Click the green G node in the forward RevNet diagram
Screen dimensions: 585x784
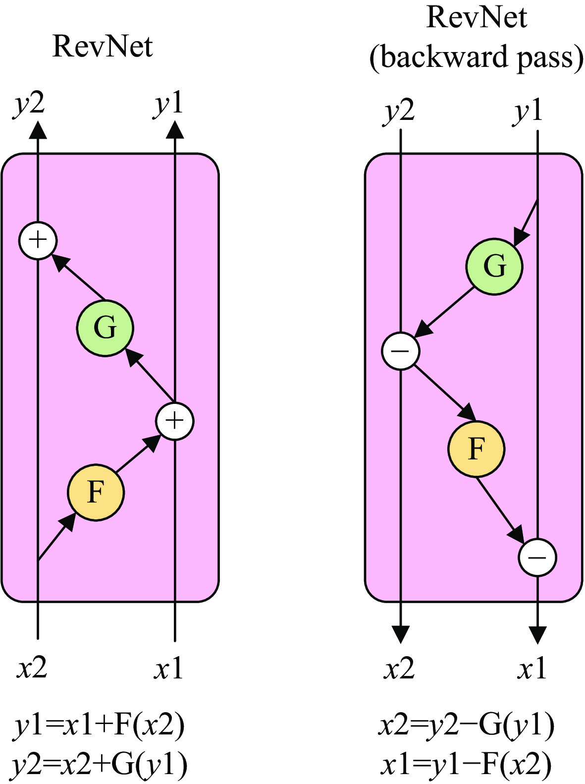pyautogui.click(x=105, y=328)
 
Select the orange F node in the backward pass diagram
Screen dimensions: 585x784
pyautogui.click(x=476, y=448)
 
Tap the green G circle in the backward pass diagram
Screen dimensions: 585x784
pyautogui.click(x=494, y=267)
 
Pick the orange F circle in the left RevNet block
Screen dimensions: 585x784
pyautogui.click(x=96, y=493)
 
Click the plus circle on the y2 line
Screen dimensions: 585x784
pyautogui.click(x=38, y=240)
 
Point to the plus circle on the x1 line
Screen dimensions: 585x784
pyautogui.click(x=175, y=421)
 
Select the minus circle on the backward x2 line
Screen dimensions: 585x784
pyautogui.click(x=401, y=351)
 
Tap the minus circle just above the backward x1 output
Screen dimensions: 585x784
pyautogui.click(x=537, y=557)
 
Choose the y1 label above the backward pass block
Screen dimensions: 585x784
pyautogui.click(x=528, y=112)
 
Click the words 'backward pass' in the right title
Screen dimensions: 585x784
pyautogui.click(x=477, y=57)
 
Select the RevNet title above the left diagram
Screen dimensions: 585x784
pyautogui.click(x=103, y=47)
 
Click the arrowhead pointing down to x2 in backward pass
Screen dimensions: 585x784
pyautogui.click(x=401, y=634)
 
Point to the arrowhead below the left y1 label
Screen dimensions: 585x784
pyautogui.click(x=175, y=129)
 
